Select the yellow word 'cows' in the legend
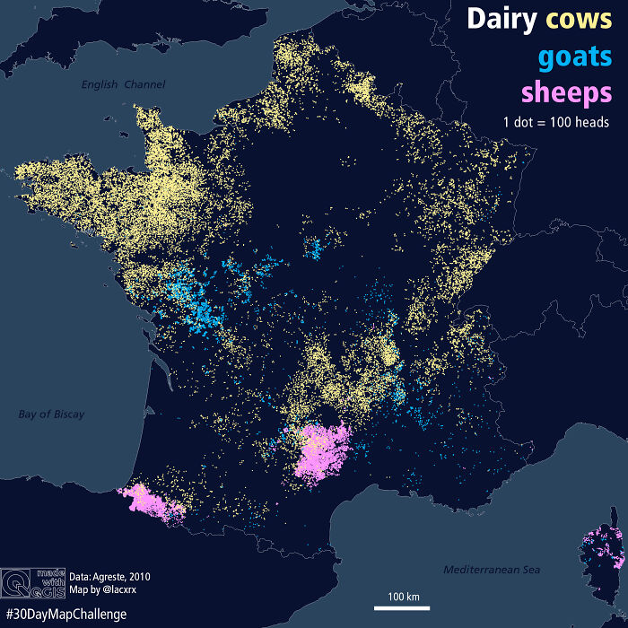[x=578, y=20]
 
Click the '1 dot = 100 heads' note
[x=555, y=122]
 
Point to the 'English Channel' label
[x=123, y=84]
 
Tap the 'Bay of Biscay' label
[x=51, y=414]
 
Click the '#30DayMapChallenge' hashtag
[x=64, y=615]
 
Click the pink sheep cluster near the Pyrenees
[x=151, y=501]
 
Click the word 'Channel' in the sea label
[x=146, y=84]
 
